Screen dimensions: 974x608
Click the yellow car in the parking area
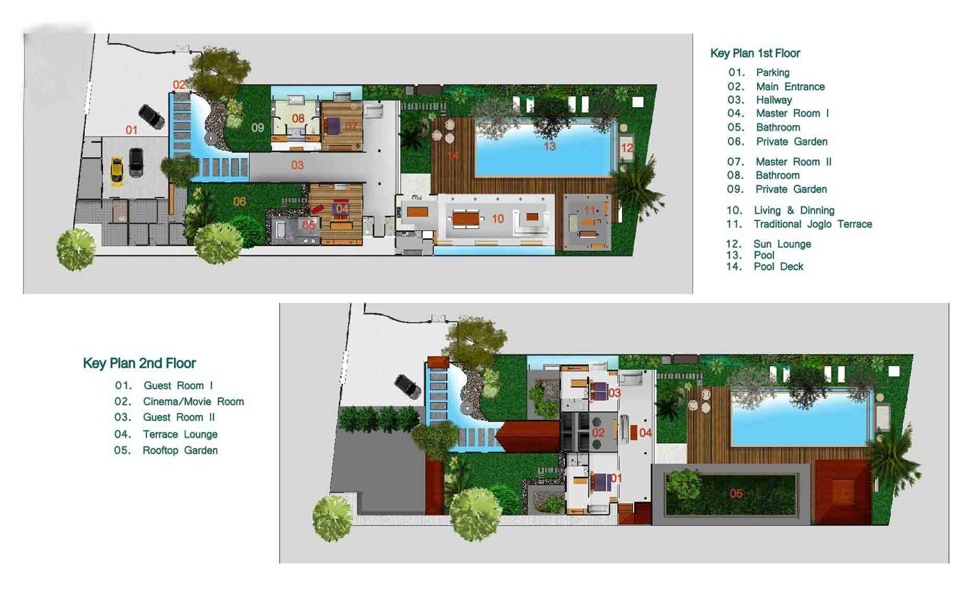[x=117, y=171]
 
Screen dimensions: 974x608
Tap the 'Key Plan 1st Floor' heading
[x=756, y=53]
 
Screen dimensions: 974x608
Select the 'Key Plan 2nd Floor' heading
[x=140, y=363]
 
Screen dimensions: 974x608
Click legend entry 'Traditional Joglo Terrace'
[x=813, y=224]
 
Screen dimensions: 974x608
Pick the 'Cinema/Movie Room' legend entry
[x=193, y=401]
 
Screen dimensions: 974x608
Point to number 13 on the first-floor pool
[x=550, y=146]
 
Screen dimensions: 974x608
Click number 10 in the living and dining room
[x=498, y=218]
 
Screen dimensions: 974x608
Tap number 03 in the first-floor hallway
[x=298, y=166]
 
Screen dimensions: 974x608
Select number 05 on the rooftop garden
[x=736, y=494]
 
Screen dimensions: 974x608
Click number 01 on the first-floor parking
[x=131, y=129]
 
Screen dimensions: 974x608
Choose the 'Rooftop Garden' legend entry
[x=180, y=450]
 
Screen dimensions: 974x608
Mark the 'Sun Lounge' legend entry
[x=782, y=244]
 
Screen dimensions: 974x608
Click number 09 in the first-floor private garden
[x=258, y=127]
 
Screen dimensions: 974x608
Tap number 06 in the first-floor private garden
[x=239, y=201]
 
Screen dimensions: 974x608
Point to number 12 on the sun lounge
[x=627, y=148]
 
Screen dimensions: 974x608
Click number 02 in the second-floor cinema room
[x=598, y=433]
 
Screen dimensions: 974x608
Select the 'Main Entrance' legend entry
[x=790, y=86]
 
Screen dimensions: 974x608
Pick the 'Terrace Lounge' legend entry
[x=180, y=434]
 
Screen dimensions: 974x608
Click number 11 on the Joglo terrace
[x=589, y=210]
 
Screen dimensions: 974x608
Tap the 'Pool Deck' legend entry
[x=779, y=266]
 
